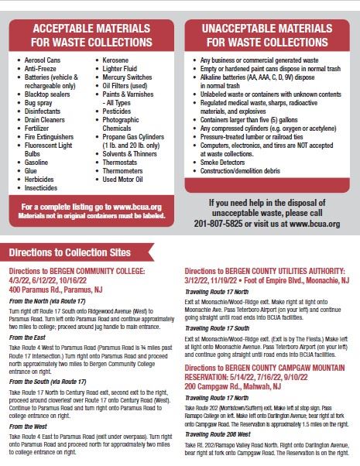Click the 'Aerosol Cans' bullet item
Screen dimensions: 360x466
click(47, 60)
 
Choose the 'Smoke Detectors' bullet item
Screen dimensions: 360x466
click(228, 165)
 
